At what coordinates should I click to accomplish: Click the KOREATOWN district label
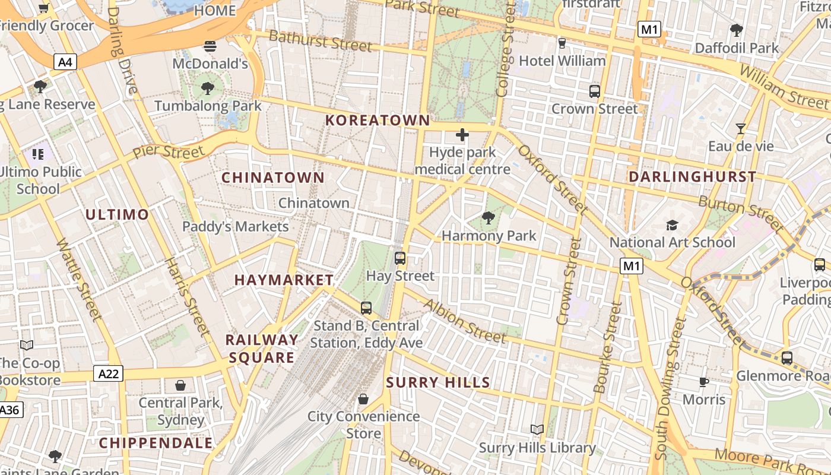[x=378, y=120]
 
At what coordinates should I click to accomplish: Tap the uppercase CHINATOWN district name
[x=273, y=178]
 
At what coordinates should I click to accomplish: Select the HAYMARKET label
[x=284, y=280]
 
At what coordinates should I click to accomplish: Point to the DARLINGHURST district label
[x=692, y=176]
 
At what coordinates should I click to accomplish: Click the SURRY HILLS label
[x=438, y=383]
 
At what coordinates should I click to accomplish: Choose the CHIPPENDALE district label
[x=156, y=443]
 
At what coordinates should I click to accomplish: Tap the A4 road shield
[x=65, y=61]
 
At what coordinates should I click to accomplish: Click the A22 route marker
[x=109, y=373]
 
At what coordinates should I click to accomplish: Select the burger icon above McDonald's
[x=210, y=46]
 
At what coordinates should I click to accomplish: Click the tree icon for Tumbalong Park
[x=207, y=89]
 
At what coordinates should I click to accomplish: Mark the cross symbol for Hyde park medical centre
[x=462, y=135]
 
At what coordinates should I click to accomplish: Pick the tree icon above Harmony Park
[x=489, y=218]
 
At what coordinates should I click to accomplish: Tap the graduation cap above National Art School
[x=672, y=225]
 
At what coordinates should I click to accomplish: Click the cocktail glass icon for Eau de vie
[x=740, y=128]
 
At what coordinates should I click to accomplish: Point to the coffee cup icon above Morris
[x=704, y=382]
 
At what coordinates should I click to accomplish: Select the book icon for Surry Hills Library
[x=537, y=429]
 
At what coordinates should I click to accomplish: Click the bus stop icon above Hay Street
[x=400, y=258]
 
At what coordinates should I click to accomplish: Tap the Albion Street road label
[x=464, y=321]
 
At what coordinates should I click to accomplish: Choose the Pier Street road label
[x=168, y=151]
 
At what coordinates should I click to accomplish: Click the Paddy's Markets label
[x=235, y=226]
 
